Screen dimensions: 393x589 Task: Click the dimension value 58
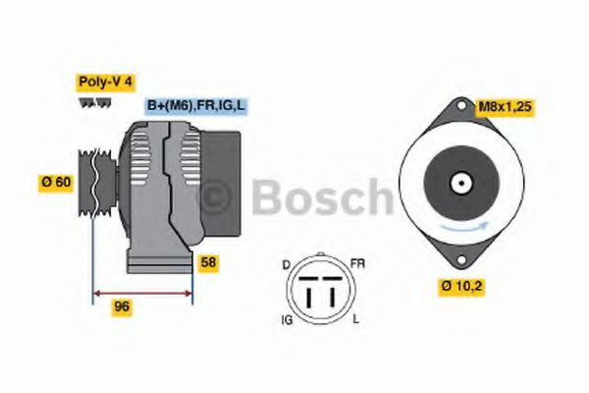pyautogui.click(x=208, y=262)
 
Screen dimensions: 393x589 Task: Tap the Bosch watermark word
pyautogui.click(x=324, y=198)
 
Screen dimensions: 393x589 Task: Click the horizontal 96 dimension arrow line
pyautogui.click(x=142, y=292)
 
